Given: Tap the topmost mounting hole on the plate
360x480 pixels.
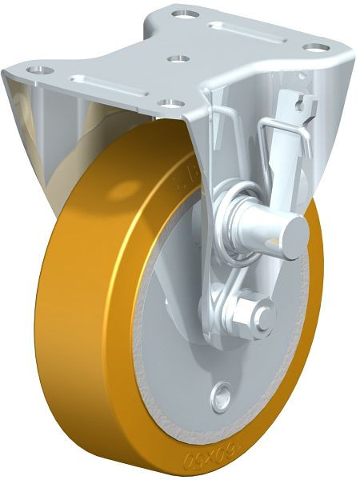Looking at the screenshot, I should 189,14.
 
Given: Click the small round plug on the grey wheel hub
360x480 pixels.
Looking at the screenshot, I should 222,393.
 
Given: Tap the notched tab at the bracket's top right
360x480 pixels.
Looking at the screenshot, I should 299,104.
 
